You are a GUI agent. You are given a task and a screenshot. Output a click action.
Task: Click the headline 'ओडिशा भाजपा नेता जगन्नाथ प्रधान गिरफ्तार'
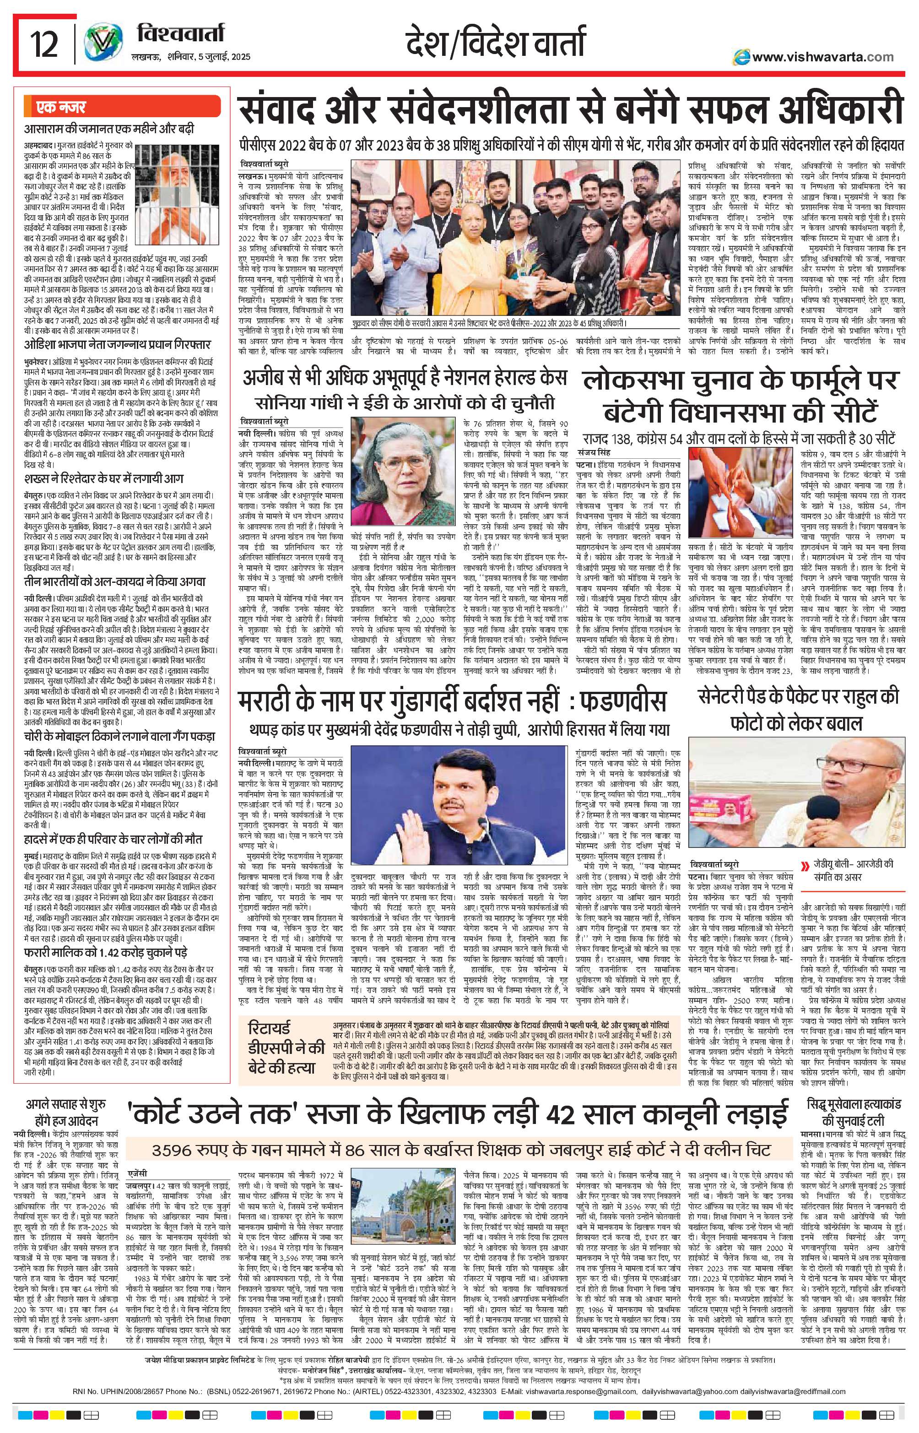click(x=117, y=346)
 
